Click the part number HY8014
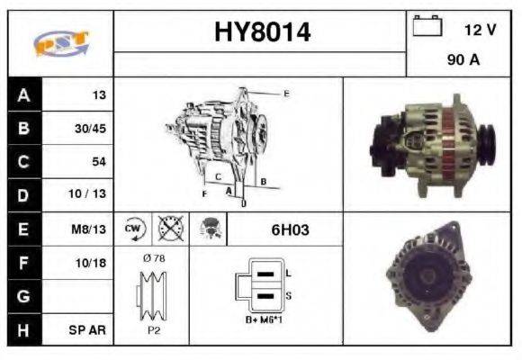tap(262, 33)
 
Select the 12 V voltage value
tap(480, 30)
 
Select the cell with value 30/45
tap(90, 129)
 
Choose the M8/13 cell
tap(90, 229)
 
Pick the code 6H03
tap(290, 229)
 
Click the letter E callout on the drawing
tap(286, 94)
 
